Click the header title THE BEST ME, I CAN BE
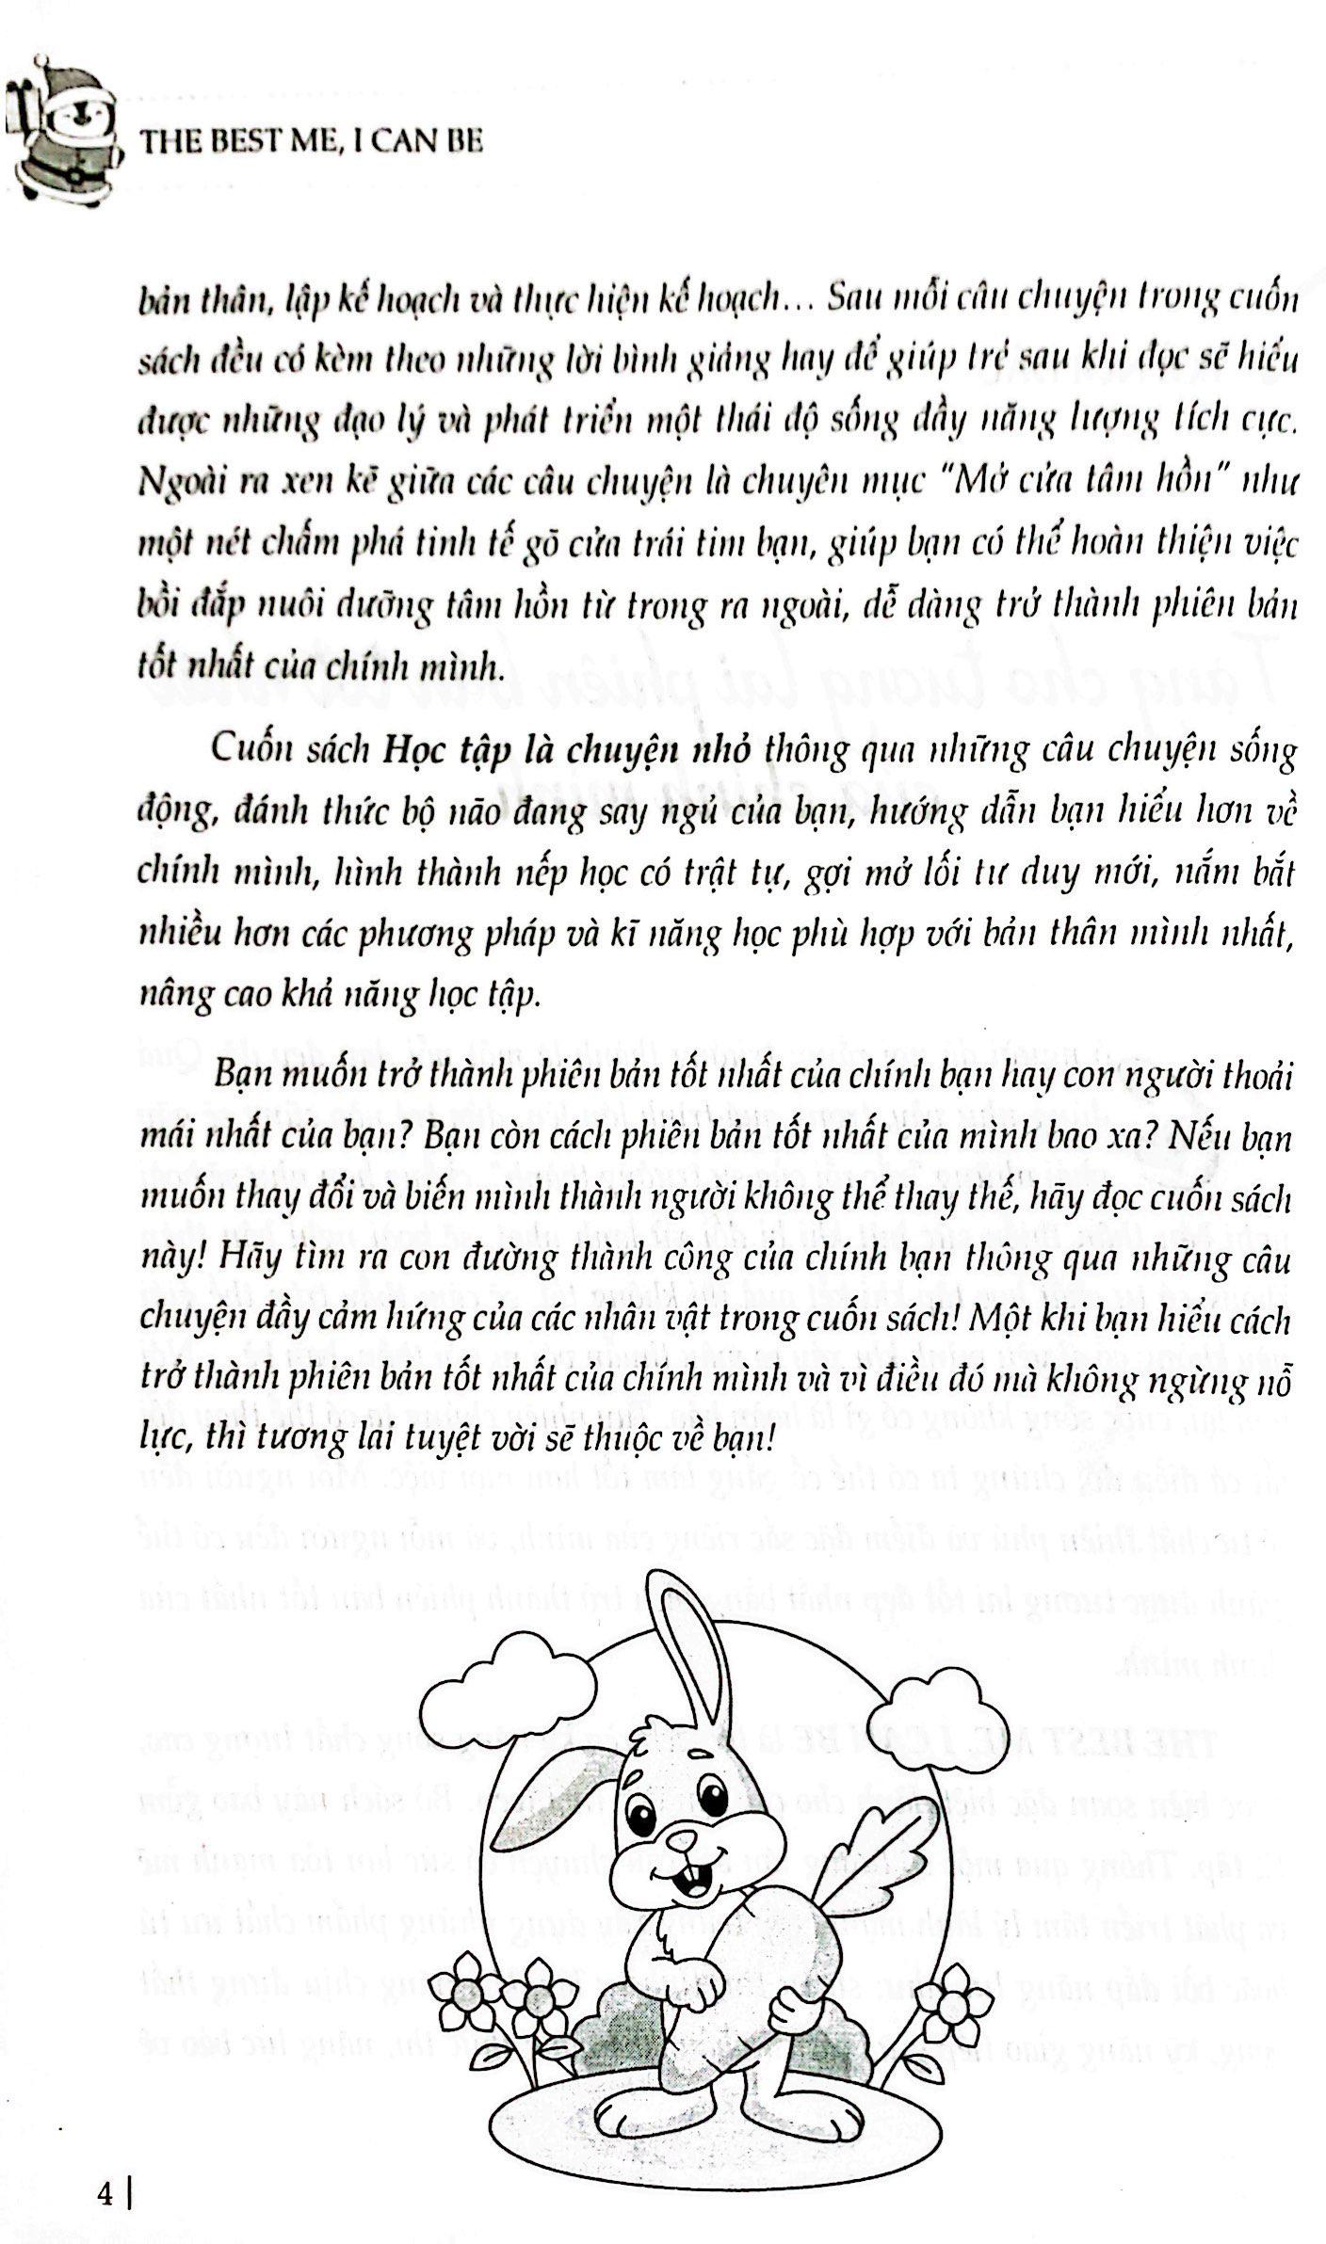(311, 143)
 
